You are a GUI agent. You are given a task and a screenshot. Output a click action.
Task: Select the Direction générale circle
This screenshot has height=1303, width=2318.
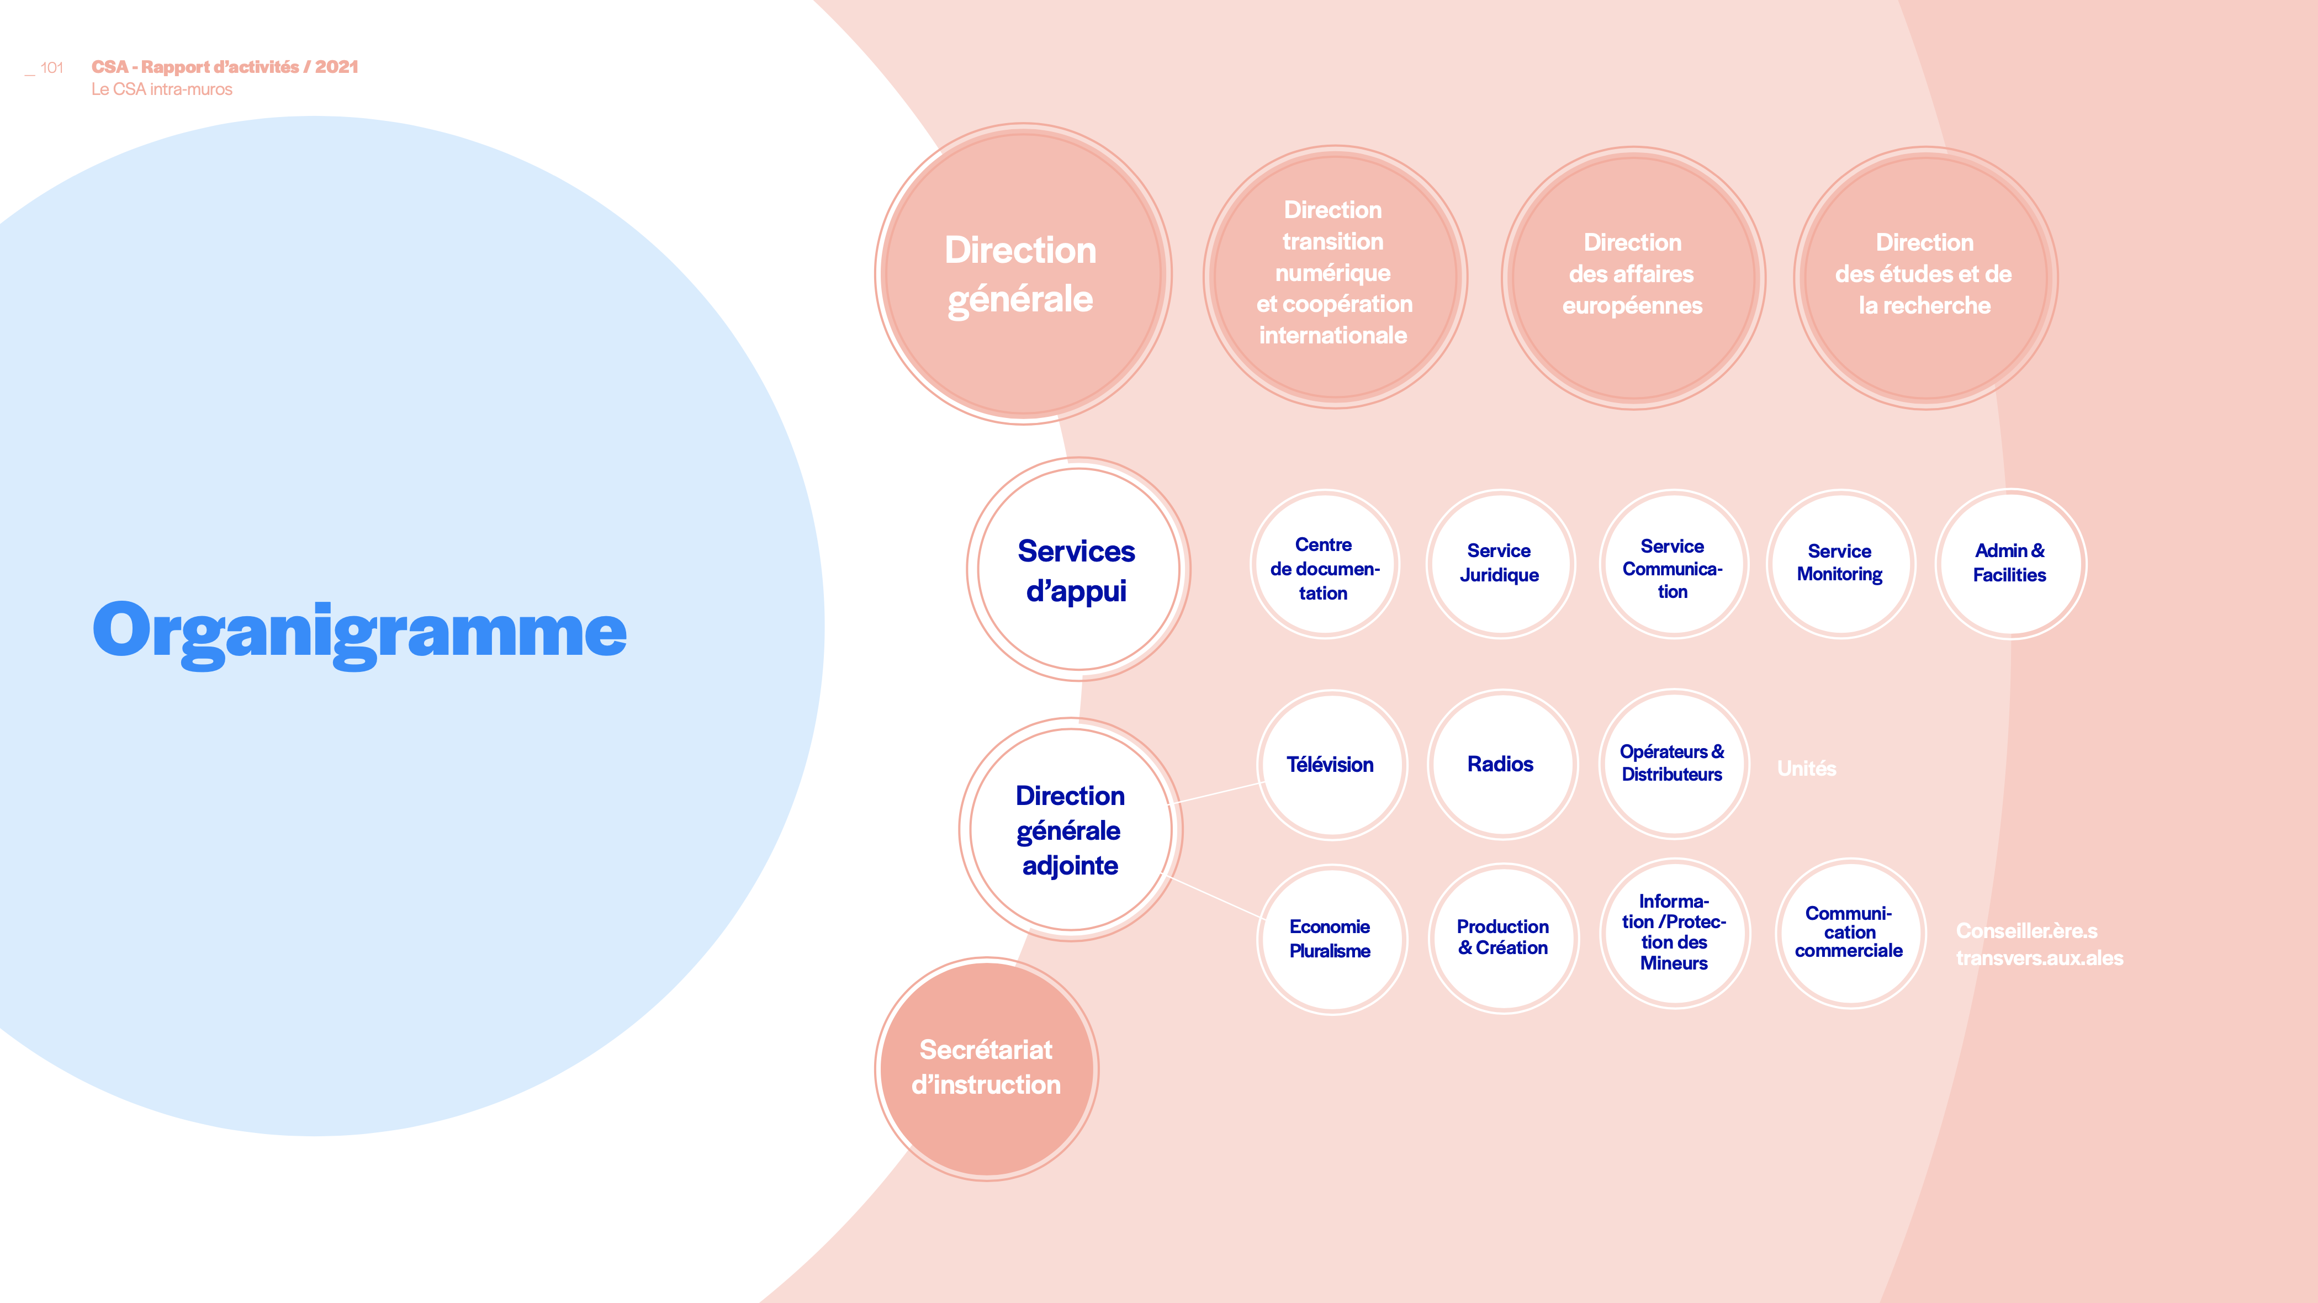(x=1023, y=273)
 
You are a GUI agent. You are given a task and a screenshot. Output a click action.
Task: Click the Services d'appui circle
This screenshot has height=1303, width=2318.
(x=1078, y=569)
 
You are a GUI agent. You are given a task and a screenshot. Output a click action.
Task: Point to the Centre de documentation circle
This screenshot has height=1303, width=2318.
(x=1325, y=564)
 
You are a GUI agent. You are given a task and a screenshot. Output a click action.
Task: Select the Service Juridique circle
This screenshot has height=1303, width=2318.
(x=1501, y=564)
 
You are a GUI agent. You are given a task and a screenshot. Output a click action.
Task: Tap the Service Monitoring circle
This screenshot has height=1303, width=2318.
(x=1841, y=564)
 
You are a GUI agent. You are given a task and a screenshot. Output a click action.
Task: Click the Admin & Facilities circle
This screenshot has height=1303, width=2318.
(x=2011, y=564)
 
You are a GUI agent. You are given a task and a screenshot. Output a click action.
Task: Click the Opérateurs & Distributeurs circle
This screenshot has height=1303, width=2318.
(x=1674, y=764)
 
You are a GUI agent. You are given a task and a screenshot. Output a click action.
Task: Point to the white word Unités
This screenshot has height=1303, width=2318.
(x=1807, y=769)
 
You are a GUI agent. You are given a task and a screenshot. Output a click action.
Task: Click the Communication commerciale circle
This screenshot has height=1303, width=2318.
(x=1850, y=933)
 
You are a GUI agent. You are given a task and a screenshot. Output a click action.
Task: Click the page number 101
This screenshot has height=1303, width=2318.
(x=52, y=67)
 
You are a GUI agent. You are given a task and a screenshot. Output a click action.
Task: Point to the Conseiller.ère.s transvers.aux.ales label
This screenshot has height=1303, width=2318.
(x=2040, y=944)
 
